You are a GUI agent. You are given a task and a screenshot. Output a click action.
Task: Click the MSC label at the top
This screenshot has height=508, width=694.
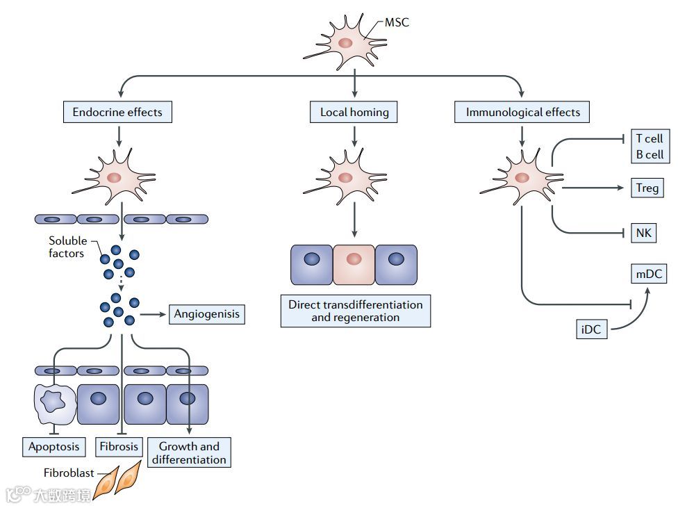[397, 22]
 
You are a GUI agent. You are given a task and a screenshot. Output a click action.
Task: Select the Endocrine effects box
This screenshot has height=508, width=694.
[117, 112]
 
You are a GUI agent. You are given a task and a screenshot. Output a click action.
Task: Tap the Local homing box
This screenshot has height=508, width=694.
[354, 112]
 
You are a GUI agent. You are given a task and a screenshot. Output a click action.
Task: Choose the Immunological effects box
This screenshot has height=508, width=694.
[522, 112]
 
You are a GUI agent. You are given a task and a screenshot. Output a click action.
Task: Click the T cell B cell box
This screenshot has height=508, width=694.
[650, 147]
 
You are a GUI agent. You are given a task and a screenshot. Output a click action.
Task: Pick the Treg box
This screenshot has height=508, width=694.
[647, 188]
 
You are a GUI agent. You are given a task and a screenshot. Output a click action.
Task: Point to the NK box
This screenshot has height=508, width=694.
[643, 233]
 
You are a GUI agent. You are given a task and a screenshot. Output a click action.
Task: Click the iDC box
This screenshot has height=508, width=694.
[591, 328]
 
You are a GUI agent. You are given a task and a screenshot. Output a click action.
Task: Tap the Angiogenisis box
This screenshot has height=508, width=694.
[206, 314]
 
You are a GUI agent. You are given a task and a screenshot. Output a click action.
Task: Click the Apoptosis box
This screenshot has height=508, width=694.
[53, 446]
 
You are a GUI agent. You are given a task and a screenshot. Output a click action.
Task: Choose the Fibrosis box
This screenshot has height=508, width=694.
[119, 446]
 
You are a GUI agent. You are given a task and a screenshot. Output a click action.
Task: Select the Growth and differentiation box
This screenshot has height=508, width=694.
[189, 452]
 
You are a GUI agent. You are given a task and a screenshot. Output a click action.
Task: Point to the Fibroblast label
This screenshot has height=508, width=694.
[68, 473]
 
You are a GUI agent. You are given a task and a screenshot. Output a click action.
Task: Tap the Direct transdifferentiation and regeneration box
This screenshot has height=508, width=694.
[355, 311]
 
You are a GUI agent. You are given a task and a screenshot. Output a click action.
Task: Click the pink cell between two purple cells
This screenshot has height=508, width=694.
[354, 264]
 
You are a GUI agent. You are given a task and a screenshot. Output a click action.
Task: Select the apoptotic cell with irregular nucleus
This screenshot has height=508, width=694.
[54, 404]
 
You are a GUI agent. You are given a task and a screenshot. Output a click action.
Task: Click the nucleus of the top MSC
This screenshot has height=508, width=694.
[345, 42]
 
